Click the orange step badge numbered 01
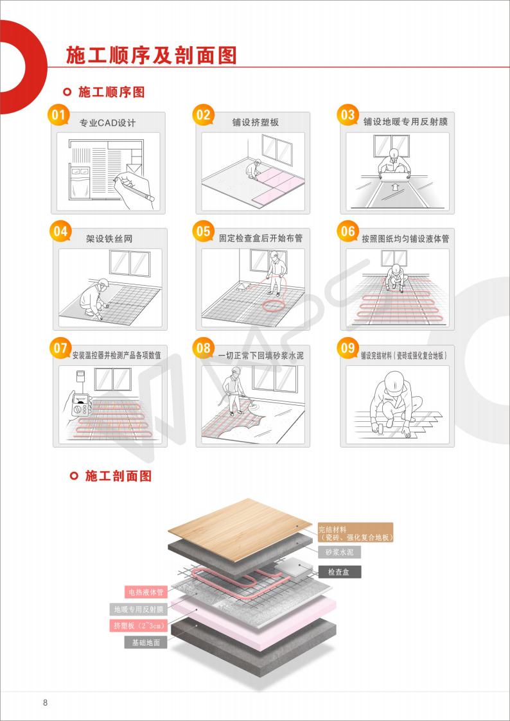58,115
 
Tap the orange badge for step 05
203,231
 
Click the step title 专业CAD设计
108,123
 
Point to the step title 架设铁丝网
109,239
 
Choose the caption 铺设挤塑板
255,123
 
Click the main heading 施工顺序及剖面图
152,55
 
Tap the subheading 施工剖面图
118,476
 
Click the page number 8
45,702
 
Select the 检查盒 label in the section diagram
339,572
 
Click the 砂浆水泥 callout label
339,552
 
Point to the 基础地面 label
146,643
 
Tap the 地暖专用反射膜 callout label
139,610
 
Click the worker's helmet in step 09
394,381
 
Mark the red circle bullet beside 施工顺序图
67,92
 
